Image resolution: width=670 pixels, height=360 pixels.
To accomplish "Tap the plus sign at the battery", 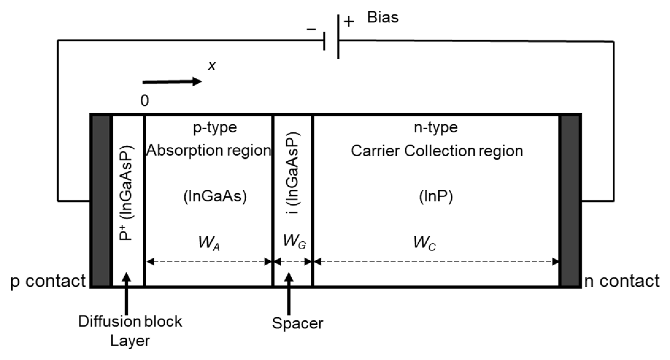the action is pyautogui.click(x=349, y=22).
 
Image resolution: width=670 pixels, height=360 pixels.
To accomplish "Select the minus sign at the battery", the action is pyautogui.click(x=311, y=29).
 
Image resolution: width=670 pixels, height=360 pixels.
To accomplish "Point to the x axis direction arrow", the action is pyautogui.click(x=172, y=82).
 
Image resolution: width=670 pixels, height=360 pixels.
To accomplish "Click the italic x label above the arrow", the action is pyautogui.click(x=212, y=66).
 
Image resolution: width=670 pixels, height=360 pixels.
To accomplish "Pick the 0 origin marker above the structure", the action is pyautogui.click(x=144, y=100).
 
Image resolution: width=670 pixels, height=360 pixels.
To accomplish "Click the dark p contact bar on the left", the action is pyautogui.click(x=101, y=201).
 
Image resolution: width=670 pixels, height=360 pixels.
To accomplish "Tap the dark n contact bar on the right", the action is pyautogui.click(x=570, y=201).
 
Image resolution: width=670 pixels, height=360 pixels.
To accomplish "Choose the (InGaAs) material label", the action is pyautogui.click(x=215, y=197).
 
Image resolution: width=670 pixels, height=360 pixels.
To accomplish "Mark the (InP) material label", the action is pyautogui.click(x=436, y=197).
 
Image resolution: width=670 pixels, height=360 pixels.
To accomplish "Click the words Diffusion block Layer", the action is pyautogui.click(x=130, y=331).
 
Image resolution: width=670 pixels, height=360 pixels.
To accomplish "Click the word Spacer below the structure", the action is pyautogui.click(x=298, y=323).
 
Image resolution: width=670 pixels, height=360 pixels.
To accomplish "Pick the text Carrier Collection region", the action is pyautogui.click(x=437, y=151).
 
